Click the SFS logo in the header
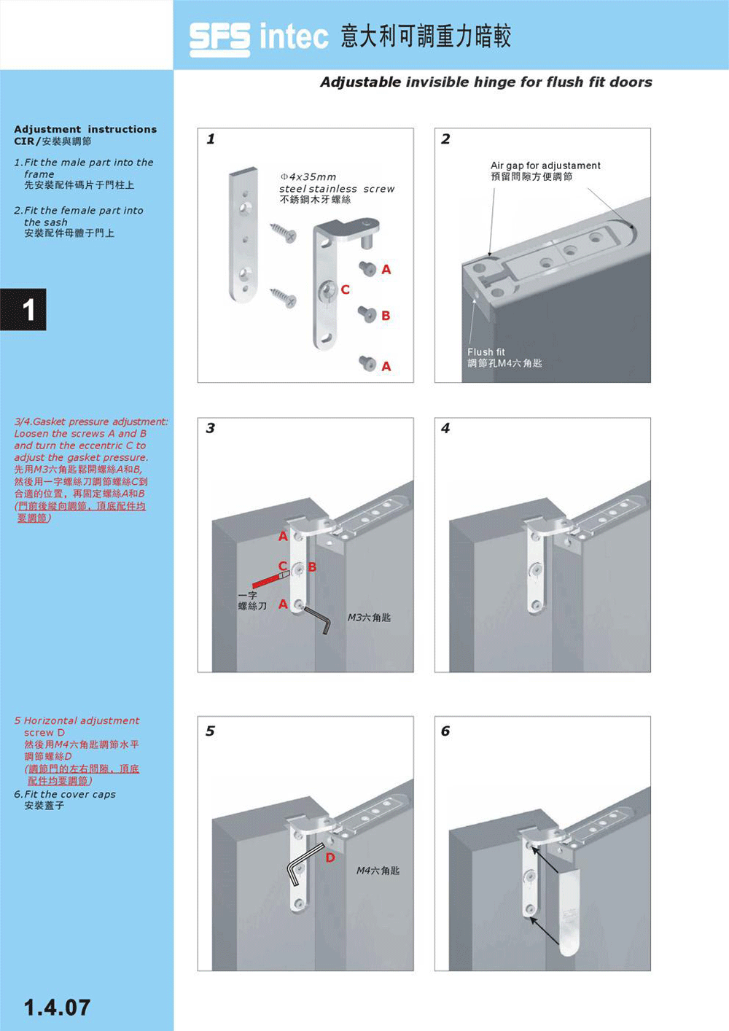(219, 39)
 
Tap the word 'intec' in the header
(294, 37)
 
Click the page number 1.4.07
(57, 1008)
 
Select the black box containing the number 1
(23, 309)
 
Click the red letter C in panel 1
(345, 289)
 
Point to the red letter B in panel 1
(386, 316)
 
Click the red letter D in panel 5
(330, 857)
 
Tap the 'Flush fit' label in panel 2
(486, 352)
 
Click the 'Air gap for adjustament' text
(545, 166)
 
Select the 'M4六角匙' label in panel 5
(378, 871)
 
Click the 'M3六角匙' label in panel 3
(369, 618)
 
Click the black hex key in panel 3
(318, 620)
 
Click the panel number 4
(445, 428)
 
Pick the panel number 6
(445, 731)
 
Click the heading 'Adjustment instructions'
(85, 129)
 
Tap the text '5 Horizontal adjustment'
(77, 720)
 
